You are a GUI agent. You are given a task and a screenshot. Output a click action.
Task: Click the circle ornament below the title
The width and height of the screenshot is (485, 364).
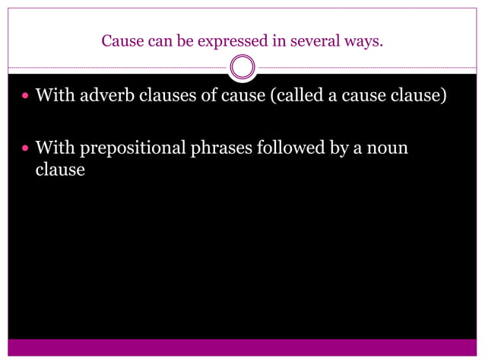[x=242, y=68]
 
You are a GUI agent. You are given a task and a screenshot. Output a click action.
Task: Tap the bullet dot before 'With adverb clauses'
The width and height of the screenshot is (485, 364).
[x=26, y=98]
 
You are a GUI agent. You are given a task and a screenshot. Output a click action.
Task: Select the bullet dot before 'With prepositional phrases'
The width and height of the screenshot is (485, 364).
[x=26, y=148]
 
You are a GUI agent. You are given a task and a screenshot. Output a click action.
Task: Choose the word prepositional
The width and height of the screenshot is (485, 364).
[x=130, y=148]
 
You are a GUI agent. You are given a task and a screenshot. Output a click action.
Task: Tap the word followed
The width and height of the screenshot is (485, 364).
[x=293, y=147]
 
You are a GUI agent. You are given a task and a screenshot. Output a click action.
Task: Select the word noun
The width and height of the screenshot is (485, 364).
[x=387, y=148]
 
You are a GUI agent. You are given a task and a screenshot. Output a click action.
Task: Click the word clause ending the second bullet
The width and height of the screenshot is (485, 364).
[x=60, y=169]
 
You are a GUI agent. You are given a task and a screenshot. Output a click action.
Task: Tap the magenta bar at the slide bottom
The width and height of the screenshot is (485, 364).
[x=242, y=347]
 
